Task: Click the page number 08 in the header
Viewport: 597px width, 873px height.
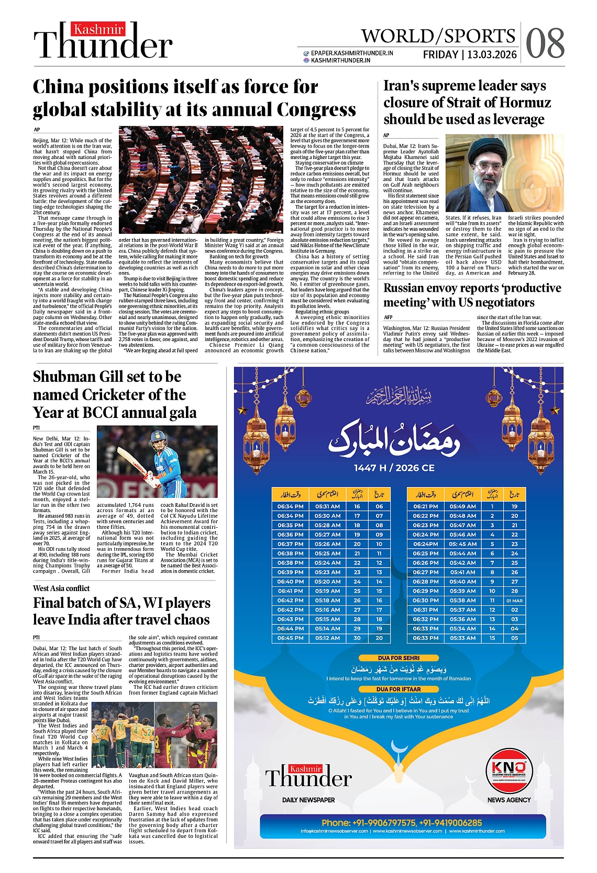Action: click(x=545, y=42)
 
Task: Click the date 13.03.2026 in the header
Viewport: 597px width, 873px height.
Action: click(x=492, y=54)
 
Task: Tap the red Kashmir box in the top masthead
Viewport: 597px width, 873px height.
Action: click(x=98, y=30)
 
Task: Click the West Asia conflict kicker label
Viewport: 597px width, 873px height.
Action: click(x=61, y=588)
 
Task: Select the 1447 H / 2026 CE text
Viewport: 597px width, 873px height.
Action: click(x=394, y=468)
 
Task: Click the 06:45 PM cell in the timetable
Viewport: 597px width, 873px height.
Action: click(x=290, y=638)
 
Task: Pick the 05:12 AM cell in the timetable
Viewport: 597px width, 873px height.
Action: click(x=327, y=638)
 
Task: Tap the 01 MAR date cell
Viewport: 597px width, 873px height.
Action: click(x=514, y=600)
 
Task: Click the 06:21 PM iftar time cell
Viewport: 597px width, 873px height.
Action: click(x=425, y=506)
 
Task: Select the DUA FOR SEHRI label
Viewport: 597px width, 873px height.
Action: click(x=399, y=658)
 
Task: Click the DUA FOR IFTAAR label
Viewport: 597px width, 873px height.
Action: click(x=399, y=689)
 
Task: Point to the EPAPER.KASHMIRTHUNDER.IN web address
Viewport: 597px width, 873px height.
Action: click(x=351, y=53)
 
